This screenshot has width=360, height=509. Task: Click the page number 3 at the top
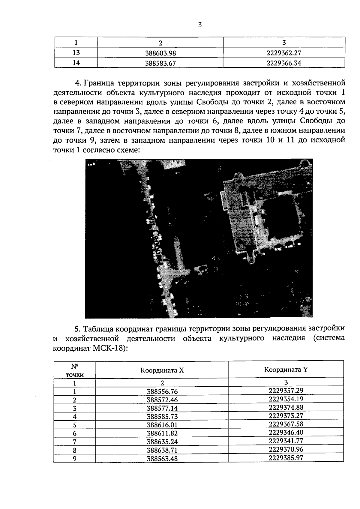pos(200,25)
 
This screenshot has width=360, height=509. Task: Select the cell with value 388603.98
pos(160,53)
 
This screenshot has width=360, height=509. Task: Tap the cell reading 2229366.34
pos(283,63)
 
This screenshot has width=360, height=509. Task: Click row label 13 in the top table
pos(76,53)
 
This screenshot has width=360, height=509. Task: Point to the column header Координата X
pos(162,370)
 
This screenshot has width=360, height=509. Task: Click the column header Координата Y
pos(286,370)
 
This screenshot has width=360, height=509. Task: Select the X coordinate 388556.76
pos(162,391)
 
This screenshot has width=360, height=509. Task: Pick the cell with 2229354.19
pos(286,399)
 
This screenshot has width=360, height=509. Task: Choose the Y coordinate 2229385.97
pos(286,458)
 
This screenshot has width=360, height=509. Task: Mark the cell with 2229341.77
pos(286,441)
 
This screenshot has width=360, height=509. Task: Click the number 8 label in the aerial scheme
pos(219,169)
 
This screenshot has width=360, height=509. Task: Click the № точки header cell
pos(75,370)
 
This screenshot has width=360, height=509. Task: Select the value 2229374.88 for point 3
pos(286,407)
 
